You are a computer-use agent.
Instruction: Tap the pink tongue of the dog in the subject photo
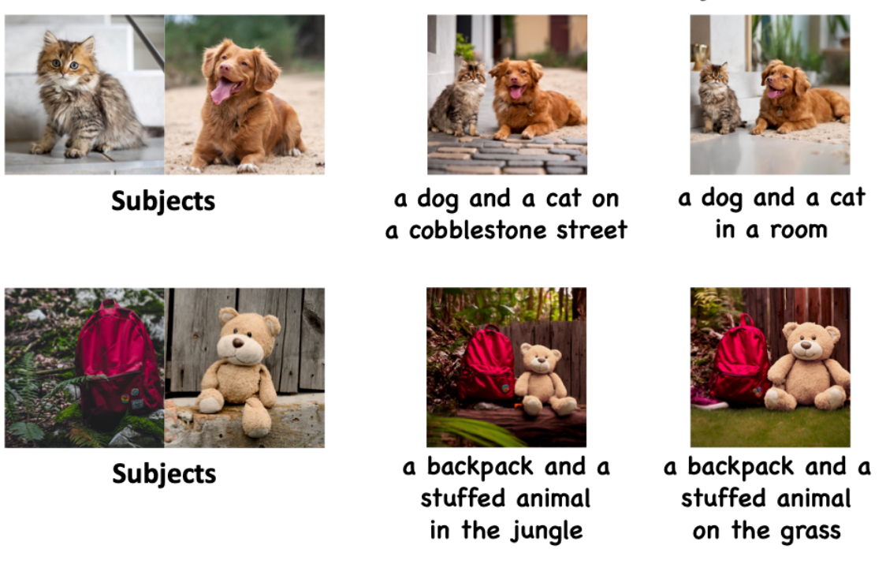coord(222,91)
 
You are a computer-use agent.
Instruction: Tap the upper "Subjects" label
coord(163,201)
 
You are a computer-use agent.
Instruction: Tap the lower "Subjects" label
coord(164,474)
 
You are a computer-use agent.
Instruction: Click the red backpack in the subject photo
coord(119,362)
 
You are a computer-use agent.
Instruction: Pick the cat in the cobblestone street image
coord(458,99)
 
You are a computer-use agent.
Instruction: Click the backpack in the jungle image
coord(486,364)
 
